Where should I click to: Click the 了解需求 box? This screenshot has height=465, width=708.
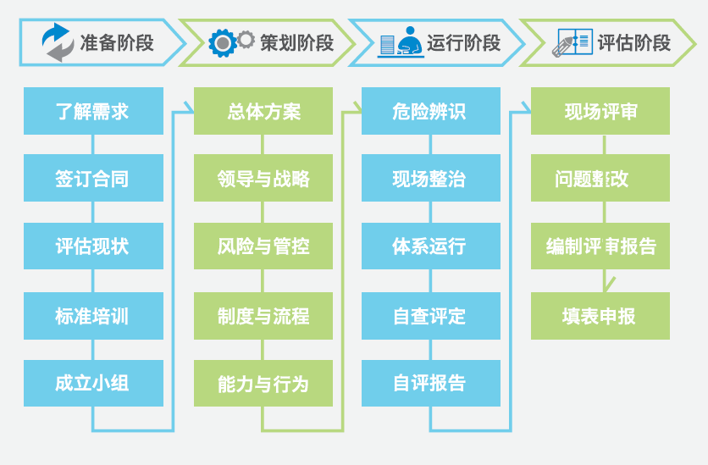pyautogui.click(x=93, y=111)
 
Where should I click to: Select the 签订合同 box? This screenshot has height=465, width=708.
pyautogui.click(x=93, y=179)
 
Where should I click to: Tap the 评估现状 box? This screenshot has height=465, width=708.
pyautogui.click(x=93, y=246)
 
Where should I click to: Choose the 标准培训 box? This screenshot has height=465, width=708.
pyautogui.click(x=93, y=316)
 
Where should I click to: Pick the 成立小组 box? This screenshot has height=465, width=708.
pyautogui.click(x=93, y=383)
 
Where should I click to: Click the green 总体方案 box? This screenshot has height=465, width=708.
pyautogui.click(x=263, y=111)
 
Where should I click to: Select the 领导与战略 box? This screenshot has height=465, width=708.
pyautogui.click(x=263, y=179)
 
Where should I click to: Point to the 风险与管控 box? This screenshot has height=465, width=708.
pyautogui.click(x=263, y=246)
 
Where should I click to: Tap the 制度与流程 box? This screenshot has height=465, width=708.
pyautogui.click(x=263, y=316)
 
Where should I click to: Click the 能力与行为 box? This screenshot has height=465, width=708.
pyautogui.click(x=263, y=383)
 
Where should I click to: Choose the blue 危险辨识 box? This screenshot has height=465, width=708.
pyautogui.click(x=430, y=111)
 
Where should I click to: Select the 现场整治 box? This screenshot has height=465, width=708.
pyautogui.click(x=430, y=179)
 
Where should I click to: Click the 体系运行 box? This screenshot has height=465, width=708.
pyautogui.click(x=430, y=246)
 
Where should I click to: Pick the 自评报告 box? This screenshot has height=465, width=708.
pyautogui.click(x=430, y=383)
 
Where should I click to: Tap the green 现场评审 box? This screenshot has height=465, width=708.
pyautogui.click(x=600, y=111)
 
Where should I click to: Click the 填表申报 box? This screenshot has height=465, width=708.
pyautogui.click(x=600, y=316)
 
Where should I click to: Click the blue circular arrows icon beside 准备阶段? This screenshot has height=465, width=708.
pyautogui.click(x=58, y=42)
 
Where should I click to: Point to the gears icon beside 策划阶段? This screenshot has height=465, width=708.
pyautogui.click(x=231, y=42)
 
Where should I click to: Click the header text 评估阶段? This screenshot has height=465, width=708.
pyautogui.click(x=633, y=42)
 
